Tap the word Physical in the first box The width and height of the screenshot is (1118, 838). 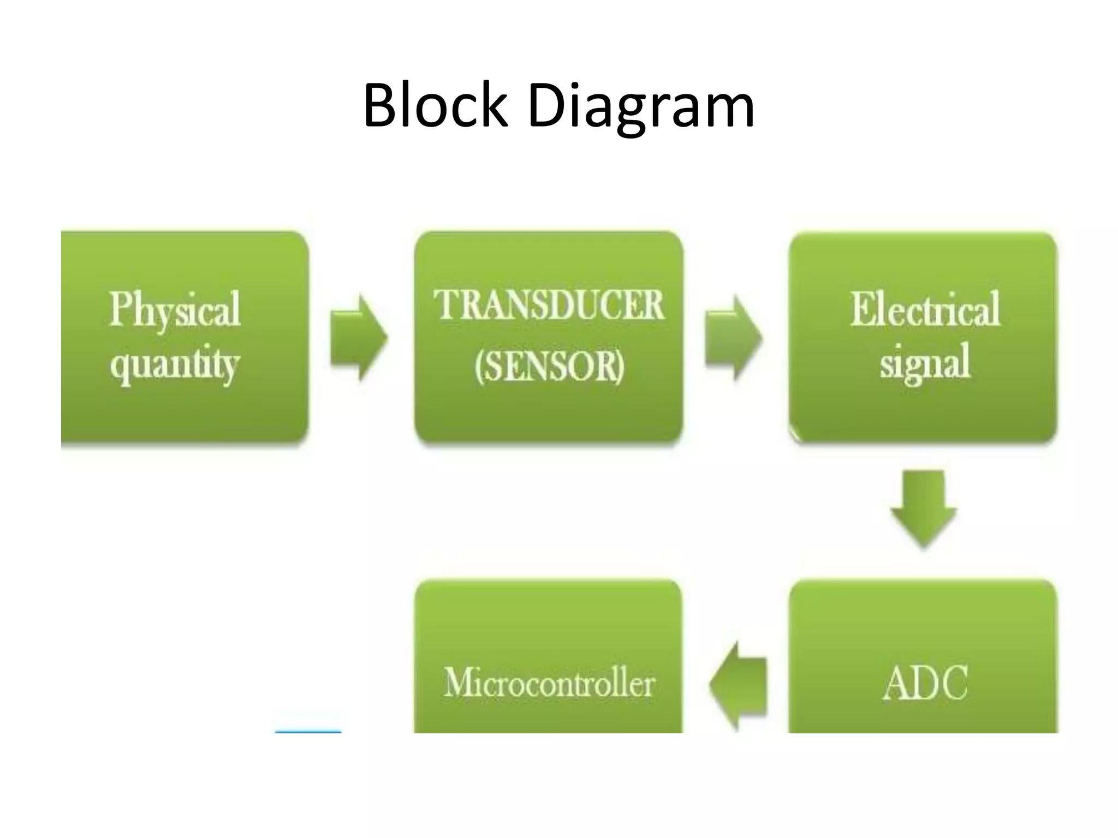point(175,309)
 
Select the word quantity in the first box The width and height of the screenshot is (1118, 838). point(175,364)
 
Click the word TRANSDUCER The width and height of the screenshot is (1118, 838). point(549,305)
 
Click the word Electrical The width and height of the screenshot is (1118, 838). point(925,309)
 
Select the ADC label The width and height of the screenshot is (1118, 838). point(925,683)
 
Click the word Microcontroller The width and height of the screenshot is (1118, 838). point(549,683)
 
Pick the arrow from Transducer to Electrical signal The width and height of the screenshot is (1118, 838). point(733,337)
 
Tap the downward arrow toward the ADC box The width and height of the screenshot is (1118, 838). point(924,507)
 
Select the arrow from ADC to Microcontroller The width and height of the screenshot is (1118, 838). point(739,685)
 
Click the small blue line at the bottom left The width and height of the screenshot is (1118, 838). point(308,732)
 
